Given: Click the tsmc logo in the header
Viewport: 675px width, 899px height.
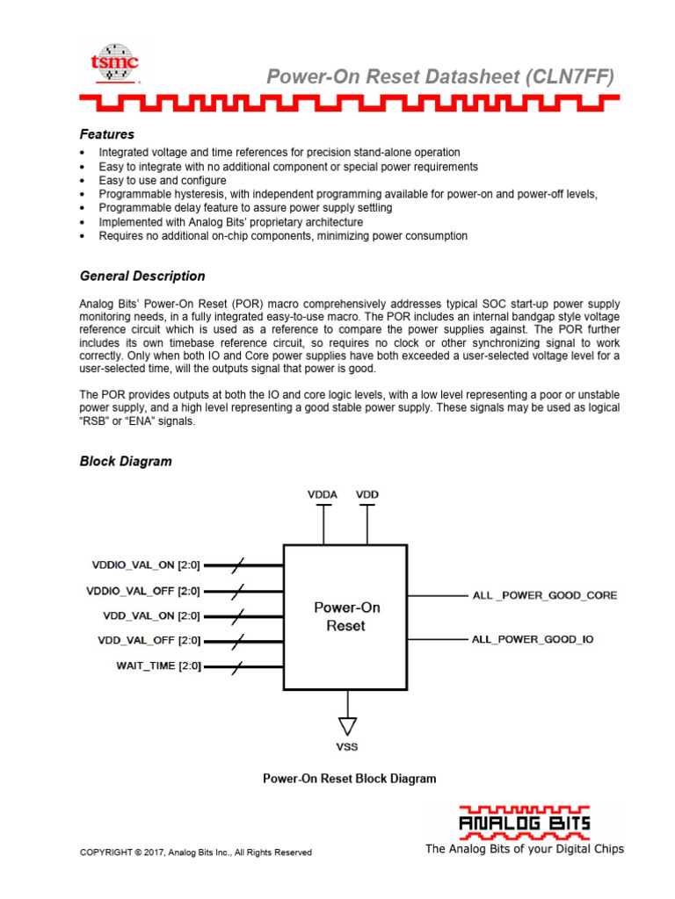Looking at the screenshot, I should click(116, 63).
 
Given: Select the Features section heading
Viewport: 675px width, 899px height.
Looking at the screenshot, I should click(106, 134).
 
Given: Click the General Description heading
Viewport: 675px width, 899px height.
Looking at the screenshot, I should click(142, 276).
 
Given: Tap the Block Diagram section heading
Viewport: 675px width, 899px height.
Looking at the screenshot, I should click(126, 461).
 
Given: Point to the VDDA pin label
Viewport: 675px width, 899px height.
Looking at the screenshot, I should click(323, 494).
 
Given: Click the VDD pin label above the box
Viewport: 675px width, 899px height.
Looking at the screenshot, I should click(367, 494).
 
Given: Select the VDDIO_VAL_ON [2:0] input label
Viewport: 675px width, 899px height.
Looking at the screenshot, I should click(146, 565).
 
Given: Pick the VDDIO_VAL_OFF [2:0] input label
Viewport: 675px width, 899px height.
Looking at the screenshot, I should click(144, 591).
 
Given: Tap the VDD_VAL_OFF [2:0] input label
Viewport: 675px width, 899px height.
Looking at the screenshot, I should click(149, 641).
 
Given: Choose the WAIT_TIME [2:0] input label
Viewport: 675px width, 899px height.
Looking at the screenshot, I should click(158, 665).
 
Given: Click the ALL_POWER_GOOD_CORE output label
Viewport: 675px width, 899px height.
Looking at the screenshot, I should click(545, 595).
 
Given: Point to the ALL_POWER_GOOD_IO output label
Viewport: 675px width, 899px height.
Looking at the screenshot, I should click(533, 639).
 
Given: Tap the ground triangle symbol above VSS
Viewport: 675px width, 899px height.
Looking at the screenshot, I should click(347, 725).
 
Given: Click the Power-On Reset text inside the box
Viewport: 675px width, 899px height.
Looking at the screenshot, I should click(347, 616).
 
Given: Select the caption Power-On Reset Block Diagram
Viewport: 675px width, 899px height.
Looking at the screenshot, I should click(349, 779).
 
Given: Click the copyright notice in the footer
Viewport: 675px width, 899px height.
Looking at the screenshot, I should click(195, 852).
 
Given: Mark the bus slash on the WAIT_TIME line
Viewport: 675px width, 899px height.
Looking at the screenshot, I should click(236, 666).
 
